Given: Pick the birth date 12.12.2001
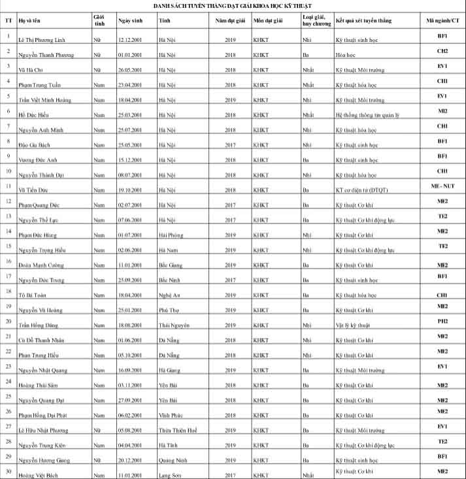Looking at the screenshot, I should (131, 41).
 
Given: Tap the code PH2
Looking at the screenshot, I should (442, 321).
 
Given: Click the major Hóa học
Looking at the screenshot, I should (347, 54).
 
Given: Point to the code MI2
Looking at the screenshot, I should (442, 111).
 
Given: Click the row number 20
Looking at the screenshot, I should (8, 321).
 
